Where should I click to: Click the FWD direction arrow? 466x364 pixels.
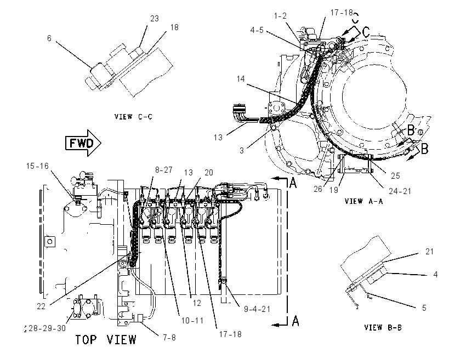(x=83, y=143)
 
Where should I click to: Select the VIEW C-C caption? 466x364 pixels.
(x=133, y=116)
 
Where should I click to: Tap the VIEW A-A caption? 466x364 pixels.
(x=364, y=201)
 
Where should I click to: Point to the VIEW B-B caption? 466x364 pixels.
(x=383, y=327)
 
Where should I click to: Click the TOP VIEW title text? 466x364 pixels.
(x=106, y=340)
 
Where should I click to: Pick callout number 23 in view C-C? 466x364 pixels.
(x=155, y=19)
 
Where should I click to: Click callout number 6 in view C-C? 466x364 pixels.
(x=49, y=38)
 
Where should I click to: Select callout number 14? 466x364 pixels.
(x=241, y=79)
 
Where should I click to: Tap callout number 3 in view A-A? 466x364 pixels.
(x=242, y=151)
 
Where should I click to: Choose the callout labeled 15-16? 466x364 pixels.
(x=37, y=166)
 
